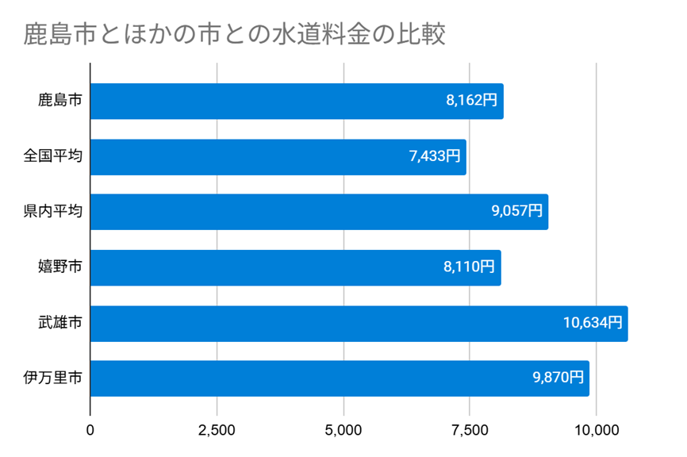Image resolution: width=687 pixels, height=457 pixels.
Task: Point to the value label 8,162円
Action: [x=471, y=101]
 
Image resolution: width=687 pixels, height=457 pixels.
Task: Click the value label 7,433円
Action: [x=435, y=156]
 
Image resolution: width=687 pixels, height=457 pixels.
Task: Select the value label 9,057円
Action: [x=516, y=212]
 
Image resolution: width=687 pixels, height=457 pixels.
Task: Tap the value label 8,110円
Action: [x=469, y=267]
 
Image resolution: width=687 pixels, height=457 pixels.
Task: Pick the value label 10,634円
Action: [x=593, y=323]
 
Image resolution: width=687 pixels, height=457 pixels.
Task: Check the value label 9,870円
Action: [x=558, y=378]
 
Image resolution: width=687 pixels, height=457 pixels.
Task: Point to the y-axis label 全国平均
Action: [x=52, y=156]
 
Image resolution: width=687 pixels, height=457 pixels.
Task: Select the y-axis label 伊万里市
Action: [x=52, y=378]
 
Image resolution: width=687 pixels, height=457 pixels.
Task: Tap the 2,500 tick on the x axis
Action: [x=217, y=431]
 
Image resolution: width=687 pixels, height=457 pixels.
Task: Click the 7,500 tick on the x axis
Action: [x=470, y=431]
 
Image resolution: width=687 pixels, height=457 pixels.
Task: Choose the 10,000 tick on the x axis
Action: [x=596, y=431]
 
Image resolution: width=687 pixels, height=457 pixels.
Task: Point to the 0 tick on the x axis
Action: [x=90, y=431]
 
